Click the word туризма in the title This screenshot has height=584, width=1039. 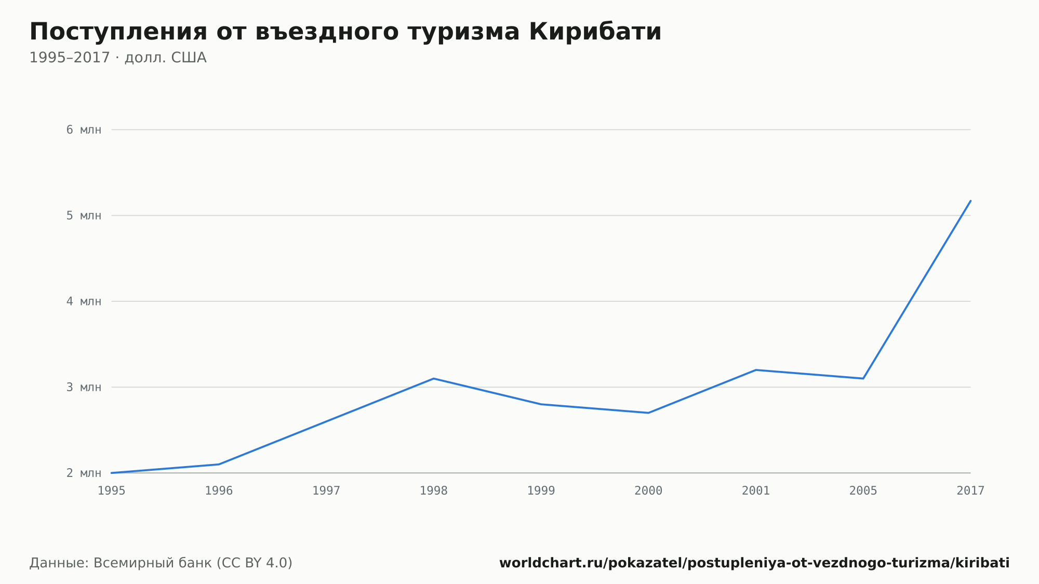[x=464, y=33]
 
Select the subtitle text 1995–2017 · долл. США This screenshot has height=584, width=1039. [x=118, y=58]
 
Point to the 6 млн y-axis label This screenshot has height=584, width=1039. [x=84, y=130]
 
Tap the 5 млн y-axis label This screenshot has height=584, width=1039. [x=84, y=216]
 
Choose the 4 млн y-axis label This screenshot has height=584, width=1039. [x=84, y=301]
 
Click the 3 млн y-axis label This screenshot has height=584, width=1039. [x=84, y=387]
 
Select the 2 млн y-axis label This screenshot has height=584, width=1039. [x=84, y=473]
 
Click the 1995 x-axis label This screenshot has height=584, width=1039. [x=112, y=491]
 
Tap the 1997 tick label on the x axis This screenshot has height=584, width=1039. [x=326, y=491]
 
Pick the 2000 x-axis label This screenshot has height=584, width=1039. [x=648, y=491]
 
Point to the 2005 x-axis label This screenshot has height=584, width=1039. [x=863, y=491]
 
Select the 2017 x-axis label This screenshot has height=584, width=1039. [x=970, y=491]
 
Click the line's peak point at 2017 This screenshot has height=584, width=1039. [x=970, y=201]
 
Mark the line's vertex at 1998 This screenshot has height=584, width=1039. [x=434, y=378]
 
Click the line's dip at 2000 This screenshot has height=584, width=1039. [x=648, y=413]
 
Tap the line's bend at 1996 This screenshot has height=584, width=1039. [x=219, y=464]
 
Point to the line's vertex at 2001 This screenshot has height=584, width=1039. [x=756, y=370]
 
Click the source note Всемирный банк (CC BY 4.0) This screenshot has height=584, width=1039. [x=193, y=563]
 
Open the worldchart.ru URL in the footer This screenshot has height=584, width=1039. [x=754, y=563]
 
